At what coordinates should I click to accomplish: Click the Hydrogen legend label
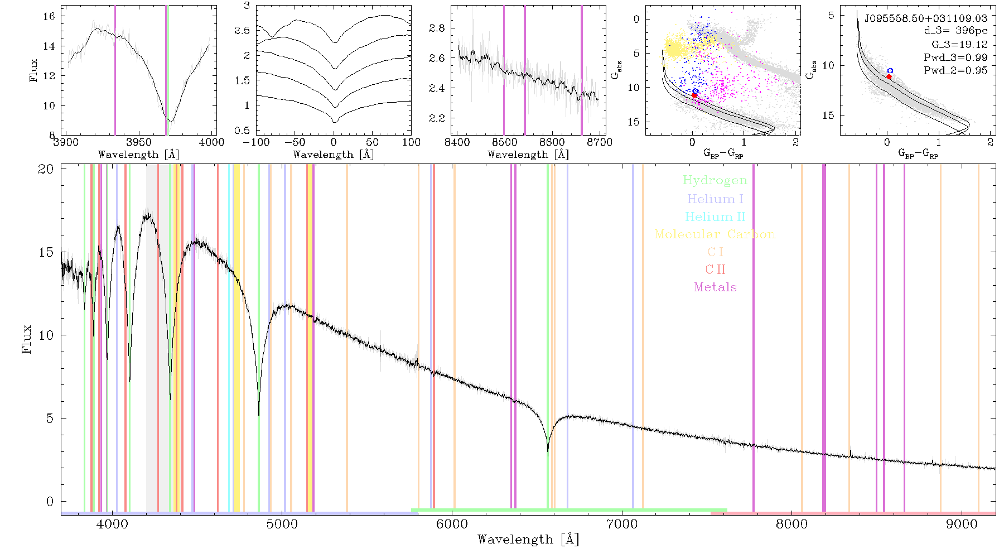coord(715,180)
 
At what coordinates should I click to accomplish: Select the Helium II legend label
coord(715,217)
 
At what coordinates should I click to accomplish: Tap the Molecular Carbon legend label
coord(715,234)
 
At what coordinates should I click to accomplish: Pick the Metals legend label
coord(716,287)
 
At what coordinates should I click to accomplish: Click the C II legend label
coord(716,270)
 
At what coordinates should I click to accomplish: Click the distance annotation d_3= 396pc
coord(955,31)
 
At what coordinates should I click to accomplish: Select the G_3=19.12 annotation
coord(959,45)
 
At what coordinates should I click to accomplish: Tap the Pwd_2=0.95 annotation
coord(955,71)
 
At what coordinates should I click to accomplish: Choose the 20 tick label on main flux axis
coord(46,169)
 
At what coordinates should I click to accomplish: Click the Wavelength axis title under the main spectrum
coord(528,540)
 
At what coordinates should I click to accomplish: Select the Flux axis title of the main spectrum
coord(26,339)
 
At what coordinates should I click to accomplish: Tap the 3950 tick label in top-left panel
coord(139,142)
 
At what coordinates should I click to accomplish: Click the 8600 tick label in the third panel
coord(552,142)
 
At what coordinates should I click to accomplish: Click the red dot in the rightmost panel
coord(889,76)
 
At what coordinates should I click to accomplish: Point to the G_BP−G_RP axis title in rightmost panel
coord(918,153)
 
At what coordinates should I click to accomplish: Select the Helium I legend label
coord(715,199)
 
